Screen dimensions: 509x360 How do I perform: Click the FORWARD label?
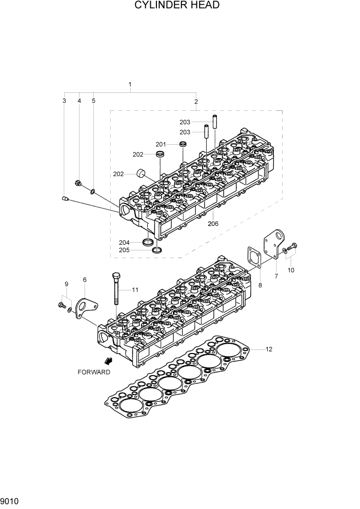click(94, 372)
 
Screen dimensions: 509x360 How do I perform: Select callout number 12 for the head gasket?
click(269, 349)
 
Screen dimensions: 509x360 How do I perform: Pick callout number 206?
click(213, 224)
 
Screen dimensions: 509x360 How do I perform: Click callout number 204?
click(124, 242)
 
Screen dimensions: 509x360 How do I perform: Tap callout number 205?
click(124, 250)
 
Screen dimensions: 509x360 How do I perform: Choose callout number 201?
click(161, 144)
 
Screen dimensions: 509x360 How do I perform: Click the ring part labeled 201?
click(183, 145)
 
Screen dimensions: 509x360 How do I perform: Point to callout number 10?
click(291, 270)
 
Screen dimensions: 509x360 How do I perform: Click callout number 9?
click(66, 284)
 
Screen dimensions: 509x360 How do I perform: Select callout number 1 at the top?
click(130, 84)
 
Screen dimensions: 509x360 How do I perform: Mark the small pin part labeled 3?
click(65, 198)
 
